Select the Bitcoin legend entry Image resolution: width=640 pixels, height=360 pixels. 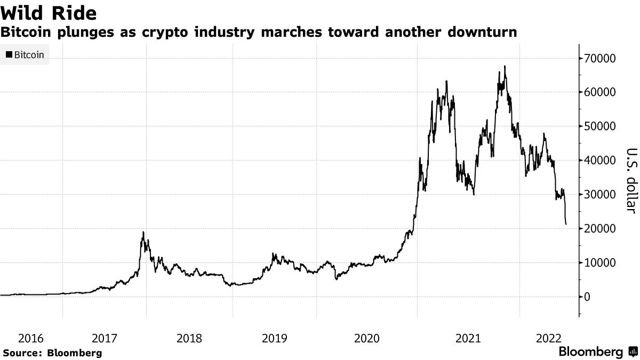click(25, 55)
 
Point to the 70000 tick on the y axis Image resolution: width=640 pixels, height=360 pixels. click(601, 58)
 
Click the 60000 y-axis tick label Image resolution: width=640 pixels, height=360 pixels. click(601, 92)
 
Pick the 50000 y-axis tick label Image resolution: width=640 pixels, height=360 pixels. click(601, 126)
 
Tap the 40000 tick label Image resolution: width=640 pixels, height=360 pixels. click(601, 161)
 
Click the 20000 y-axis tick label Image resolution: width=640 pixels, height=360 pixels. click(601, 229)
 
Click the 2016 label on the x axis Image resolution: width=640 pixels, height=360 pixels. click(31, 338)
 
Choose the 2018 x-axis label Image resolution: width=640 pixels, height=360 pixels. click(189, 338)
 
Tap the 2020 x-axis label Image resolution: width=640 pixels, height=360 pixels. click(366, 338)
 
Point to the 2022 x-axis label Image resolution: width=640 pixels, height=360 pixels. click(548, 338)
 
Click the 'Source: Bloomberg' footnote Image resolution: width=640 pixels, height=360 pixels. click(52, 353)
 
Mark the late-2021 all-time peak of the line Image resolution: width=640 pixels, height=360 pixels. click(505, 67)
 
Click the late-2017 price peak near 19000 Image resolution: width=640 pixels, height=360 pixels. click(143, 233)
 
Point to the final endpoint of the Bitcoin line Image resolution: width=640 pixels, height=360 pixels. click(566, 224)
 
